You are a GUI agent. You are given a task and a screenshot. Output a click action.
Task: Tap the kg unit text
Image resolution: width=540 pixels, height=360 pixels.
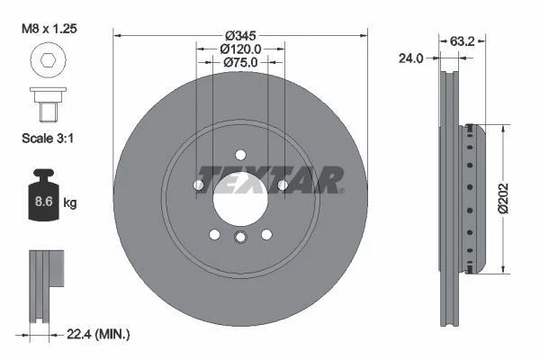[70, 202]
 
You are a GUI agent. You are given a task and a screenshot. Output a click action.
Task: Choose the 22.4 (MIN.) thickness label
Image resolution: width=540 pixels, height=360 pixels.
[98, 334]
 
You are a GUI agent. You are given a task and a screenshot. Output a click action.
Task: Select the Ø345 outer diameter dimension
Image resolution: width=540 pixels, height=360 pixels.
[240, 35]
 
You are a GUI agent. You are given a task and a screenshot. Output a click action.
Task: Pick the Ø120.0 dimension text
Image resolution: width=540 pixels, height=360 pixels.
[240, 49]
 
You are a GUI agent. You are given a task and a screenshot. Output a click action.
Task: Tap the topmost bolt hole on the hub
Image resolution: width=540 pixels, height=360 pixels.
[240, 153]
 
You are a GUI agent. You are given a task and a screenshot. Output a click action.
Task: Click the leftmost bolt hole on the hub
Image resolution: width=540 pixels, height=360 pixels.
[198, 184]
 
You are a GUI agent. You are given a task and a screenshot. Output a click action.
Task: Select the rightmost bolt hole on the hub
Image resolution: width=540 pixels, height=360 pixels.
[283, 184]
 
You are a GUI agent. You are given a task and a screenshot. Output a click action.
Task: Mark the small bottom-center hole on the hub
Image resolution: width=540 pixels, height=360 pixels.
[240, 238]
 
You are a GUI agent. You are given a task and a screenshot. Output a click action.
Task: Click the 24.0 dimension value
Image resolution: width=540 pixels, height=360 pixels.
[410, 58]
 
